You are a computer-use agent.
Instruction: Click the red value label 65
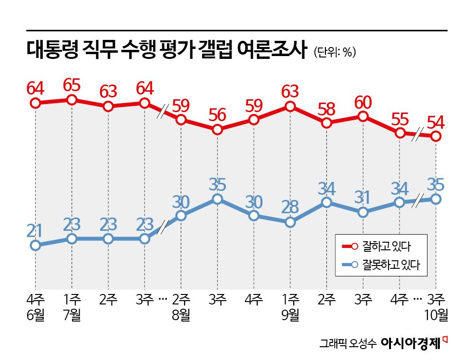pyautogui.click(x=72, y=86)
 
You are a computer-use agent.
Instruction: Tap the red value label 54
pyautogui.click(x=435, y=123)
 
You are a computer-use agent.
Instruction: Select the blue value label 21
pyautogui.click(x=35, y=231)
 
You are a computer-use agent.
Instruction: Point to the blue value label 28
pyautogui.click(x=290, y=208)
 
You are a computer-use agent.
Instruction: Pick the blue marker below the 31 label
pyautogui.click(x=363, y=212)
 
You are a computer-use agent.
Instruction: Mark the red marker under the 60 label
pyautogui.click(x=363, y=116)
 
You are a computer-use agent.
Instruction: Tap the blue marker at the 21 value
pyautogui.click(x=35, y=246)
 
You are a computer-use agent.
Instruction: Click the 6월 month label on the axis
pyautogui.click(x=35, y=314)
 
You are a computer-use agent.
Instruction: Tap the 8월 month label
pyautogui.click(x=181, y=314)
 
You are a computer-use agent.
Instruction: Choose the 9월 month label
pyautogui.click(x=290, y=314)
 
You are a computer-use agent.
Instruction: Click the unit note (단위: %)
pyautogui.click(x=335, y=52)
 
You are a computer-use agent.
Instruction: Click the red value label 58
pyautogui.click(x=326, y=110)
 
